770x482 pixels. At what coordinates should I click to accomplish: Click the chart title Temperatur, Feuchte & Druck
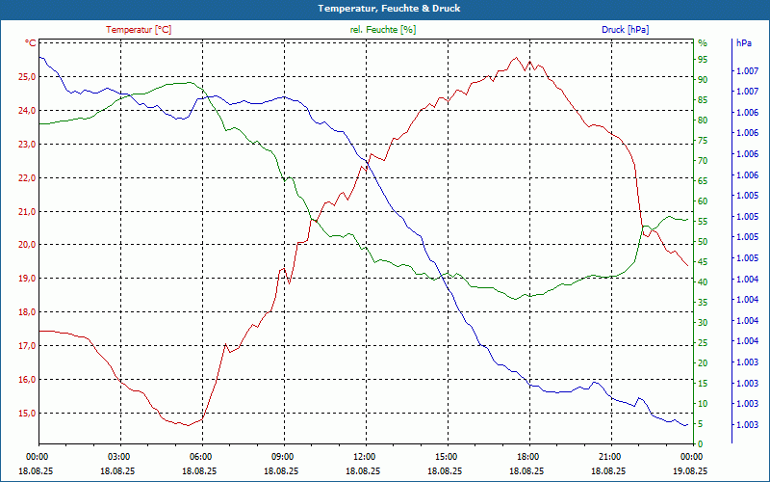(385, 8)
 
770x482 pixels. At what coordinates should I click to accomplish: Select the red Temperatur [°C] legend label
(139, 30)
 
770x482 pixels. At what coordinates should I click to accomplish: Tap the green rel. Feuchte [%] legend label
(383, 30)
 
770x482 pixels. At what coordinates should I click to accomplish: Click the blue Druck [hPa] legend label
(625, 30)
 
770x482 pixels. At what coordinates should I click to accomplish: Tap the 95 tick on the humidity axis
(703, 59)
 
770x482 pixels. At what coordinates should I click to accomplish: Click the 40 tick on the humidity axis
(703, 282)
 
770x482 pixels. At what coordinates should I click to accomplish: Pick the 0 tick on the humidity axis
(701, 443)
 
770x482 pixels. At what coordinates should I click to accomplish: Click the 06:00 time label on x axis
(201, 456)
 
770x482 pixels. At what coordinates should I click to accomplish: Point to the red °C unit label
(31, 43)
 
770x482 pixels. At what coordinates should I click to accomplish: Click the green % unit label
(703, 43)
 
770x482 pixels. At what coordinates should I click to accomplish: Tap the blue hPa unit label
(744, 43)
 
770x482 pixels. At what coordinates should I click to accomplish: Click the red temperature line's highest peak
(517, 57)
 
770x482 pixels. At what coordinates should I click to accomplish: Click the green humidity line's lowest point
(516, 300)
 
